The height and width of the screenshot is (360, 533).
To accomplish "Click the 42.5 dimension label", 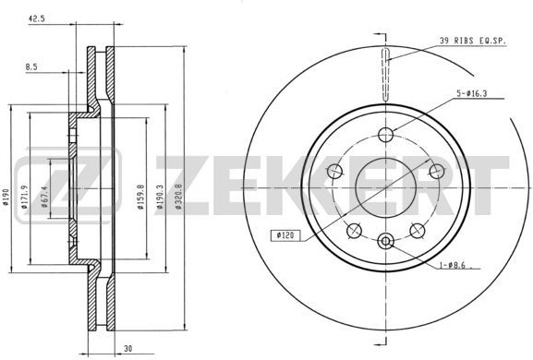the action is [x=36, y=19].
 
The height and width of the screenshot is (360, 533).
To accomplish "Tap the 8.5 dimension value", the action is [x=31, y=66].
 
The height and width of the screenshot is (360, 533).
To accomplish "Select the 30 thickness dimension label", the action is [x=128, y=348].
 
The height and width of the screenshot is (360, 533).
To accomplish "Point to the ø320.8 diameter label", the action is [x=178, y=196].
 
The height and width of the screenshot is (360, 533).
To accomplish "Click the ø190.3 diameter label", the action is [x=160, y=197].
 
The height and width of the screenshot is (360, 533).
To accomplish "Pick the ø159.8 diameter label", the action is [x=140, y=197].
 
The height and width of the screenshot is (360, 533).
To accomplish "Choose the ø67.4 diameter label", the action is [x=44, y=197].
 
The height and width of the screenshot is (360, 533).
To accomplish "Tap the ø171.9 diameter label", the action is [x=24, y=197].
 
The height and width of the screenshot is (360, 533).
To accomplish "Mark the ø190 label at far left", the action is [x=6, y=197].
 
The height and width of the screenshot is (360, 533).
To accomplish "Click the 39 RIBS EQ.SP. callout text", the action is [x=472, y=41].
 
